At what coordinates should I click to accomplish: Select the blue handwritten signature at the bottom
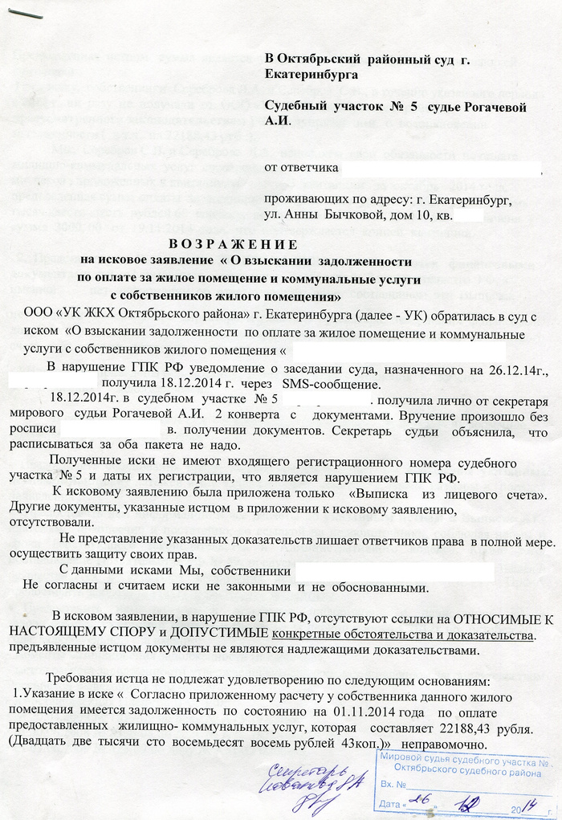click(309, 783)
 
